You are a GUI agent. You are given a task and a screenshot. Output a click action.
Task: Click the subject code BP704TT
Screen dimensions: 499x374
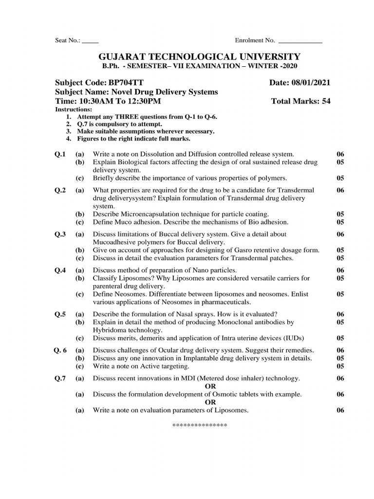[127, 83]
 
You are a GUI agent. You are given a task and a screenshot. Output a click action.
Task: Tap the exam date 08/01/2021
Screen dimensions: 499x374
[313, 83]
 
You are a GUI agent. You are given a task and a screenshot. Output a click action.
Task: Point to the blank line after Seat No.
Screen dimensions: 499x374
[90, 40]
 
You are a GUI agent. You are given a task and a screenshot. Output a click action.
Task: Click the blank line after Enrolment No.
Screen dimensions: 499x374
[299, 40]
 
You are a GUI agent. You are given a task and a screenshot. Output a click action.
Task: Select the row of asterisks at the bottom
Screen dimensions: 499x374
[200, 425]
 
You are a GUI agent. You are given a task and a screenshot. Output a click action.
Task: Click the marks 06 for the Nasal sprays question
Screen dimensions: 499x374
[340, 314]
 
